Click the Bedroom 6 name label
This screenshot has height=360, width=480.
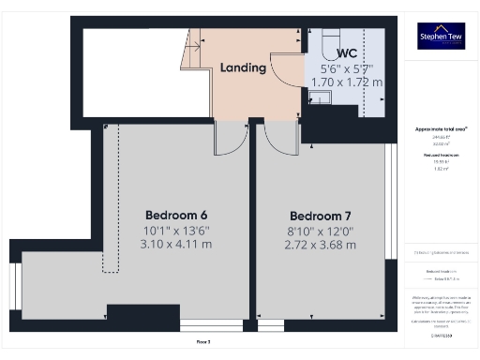[177, 213]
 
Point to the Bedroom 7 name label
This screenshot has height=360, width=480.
[320, 214]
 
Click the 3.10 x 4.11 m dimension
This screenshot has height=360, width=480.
[177, 244]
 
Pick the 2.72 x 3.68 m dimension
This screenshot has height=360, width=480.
[320, 245]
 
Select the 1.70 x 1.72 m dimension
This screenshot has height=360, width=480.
[346, 82]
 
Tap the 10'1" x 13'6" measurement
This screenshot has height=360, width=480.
[177, 229]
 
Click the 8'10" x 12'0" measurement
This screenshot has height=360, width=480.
[320, 230]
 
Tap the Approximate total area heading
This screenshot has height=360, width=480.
[441, 128]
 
